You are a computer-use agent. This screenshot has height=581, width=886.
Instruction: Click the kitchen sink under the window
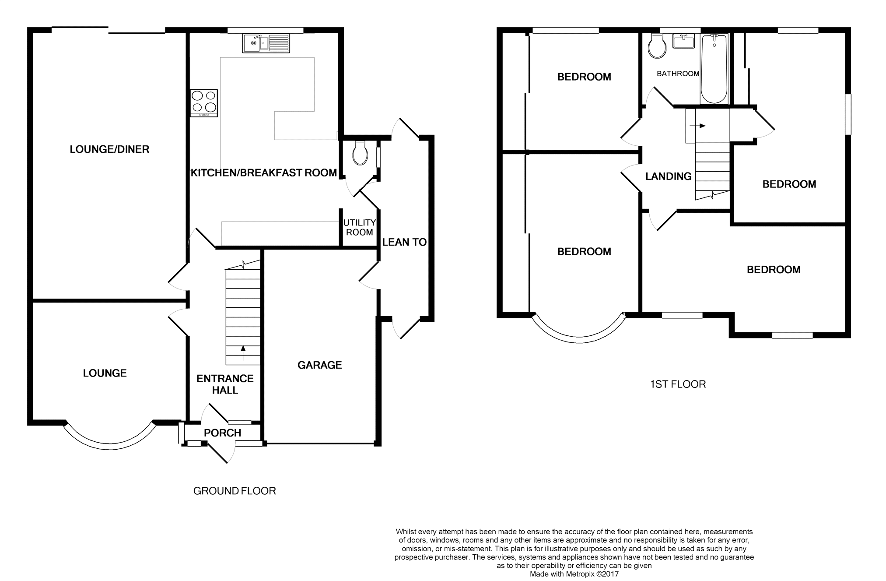point(266,43)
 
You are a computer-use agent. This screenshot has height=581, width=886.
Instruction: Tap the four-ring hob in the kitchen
point(204,103)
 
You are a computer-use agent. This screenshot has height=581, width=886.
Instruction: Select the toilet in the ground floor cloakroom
point(360,153)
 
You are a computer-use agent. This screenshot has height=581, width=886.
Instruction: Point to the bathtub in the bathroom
point(714,69)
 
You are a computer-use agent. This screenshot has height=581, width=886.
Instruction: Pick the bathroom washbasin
point(684,41)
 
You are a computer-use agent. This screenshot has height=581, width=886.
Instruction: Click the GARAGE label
point(320,365)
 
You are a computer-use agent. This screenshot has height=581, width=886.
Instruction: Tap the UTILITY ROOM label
point(360,228)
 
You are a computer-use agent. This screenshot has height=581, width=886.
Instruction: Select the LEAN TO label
point(404,242)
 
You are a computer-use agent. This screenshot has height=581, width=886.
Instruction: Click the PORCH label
point(223,433)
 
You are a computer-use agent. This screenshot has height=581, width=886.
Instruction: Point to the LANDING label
point(669,176)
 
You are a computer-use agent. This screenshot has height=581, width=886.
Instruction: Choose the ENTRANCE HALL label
point(225,384)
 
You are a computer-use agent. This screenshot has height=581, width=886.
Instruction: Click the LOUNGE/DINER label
point(109,149)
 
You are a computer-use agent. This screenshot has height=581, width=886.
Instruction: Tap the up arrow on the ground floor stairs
point(243,353)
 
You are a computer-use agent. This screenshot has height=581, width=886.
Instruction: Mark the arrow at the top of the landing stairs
point(697,126)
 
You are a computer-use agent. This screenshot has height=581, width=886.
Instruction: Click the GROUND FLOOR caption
point(235,491)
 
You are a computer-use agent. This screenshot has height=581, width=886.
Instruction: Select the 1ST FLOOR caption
point(678,384)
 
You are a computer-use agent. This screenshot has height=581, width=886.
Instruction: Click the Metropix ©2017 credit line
point(574,574)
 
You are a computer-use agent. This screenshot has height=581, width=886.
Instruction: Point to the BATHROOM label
point(678,74)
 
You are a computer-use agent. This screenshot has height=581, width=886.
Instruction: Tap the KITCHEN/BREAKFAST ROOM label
point(264,173)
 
